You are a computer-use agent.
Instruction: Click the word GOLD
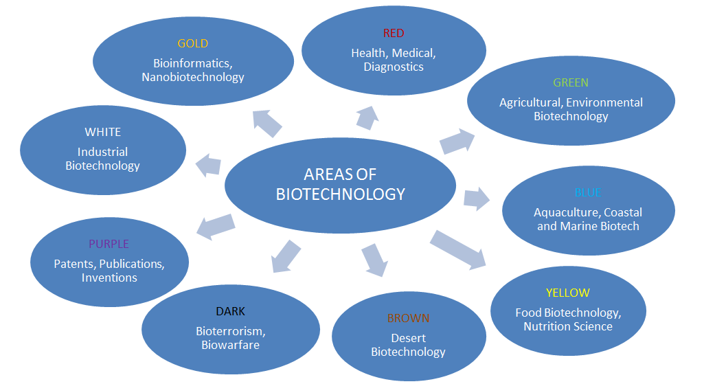pos(192,44)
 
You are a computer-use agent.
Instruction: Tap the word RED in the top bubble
pos(394,34)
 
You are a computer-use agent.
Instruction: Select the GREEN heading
pos(571,83)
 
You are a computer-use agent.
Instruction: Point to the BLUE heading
pos(587,193)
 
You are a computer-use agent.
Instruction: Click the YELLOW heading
pos(568,293)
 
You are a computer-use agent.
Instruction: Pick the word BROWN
pos(408,319)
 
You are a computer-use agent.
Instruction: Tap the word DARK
pos(230,312)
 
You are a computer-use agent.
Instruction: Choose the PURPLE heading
pos(109,244)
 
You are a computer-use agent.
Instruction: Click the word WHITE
pos(103,132)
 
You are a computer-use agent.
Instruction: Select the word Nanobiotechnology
pos(193,77)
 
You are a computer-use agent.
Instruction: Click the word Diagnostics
pos(394,67)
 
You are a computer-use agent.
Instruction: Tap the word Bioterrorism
pos(230,331)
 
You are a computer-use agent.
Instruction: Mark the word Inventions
pos(109,278)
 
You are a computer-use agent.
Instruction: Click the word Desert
pos(409,338)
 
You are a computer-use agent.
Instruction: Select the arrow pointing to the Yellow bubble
pos(458,249)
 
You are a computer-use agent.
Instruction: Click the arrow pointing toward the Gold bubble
pos(267,122)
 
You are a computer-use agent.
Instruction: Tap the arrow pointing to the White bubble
pos(209,165)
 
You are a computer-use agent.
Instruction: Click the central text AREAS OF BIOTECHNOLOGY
pos(340,184)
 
